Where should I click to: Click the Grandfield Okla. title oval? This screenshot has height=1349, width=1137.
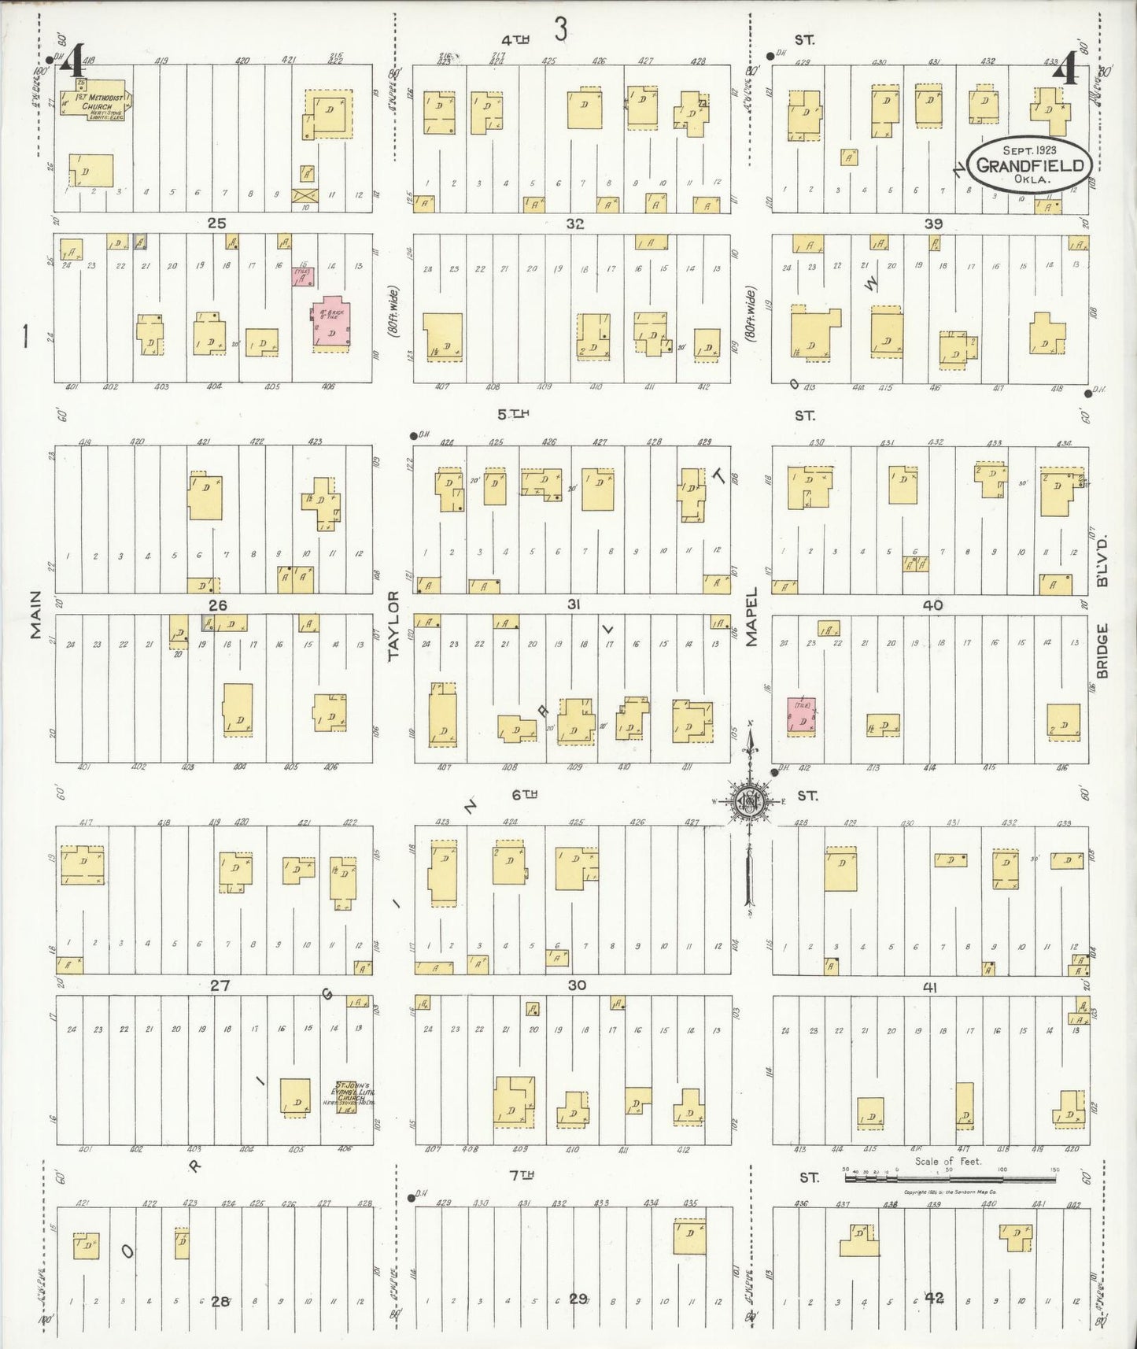click(1029, 164)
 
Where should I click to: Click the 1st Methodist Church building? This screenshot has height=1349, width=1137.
click(99, 105)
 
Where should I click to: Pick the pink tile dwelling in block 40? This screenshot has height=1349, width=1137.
click(801, 717)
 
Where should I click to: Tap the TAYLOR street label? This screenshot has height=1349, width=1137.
click(393, 625)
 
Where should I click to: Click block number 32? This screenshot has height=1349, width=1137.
click(575, 224)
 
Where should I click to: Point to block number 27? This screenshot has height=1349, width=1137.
click(219, 985)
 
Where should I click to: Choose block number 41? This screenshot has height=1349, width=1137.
click(930, 987)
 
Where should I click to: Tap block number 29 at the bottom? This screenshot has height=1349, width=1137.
click(578, 1299)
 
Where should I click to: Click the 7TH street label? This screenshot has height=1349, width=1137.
click(522, 1175)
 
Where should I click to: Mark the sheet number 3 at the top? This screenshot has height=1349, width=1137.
click(560, 30)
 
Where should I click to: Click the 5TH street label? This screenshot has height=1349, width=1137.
click(512, 413)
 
